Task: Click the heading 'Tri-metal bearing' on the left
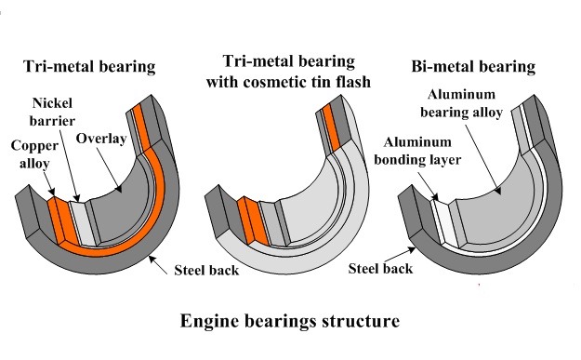(x=89, y=67)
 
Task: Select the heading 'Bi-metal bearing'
(x=474, y=67)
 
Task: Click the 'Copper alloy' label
(x=34, y=155)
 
